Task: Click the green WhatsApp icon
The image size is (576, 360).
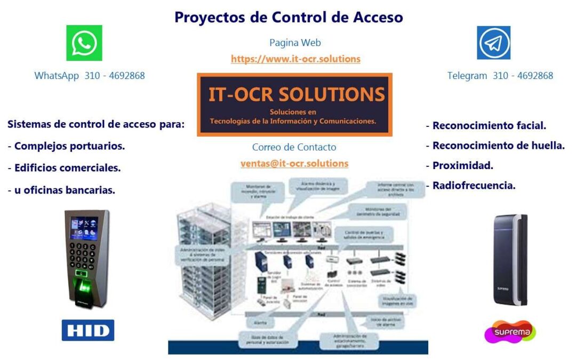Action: click(84, 43)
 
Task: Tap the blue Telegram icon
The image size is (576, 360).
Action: click(493, 43)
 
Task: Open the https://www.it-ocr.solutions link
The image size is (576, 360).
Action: click(295, 59)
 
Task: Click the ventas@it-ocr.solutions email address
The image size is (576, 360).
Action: click(294, 164)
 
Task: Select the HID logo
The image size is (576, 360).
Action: click(88, 330)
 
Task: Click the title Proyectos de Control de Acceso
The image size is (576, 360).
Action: click(289, 17)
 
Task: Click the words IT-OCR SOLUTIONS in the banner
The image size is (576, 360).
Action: click(297, 94)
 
